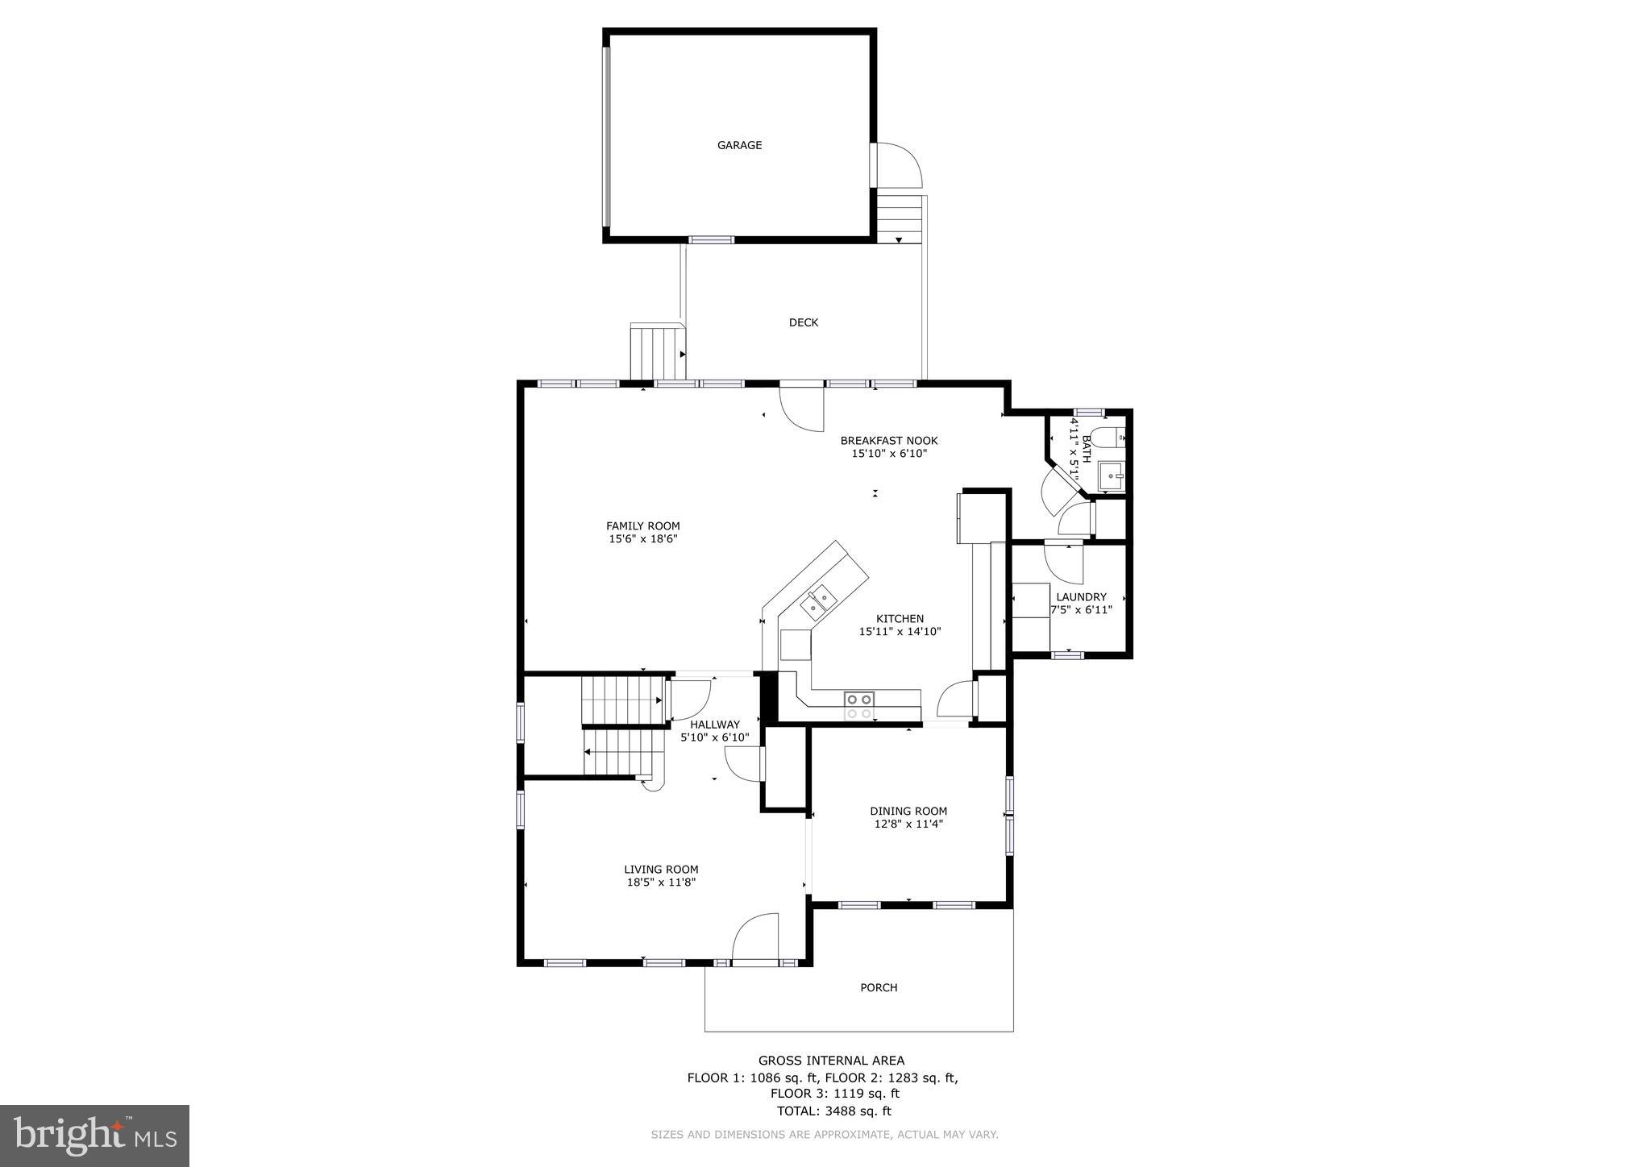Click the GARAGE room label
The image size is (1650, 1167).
[739, 145]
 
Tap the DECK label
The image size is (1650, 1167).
[803, 322]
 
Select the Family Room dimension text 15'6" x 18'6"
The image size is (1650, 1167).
[642, 539]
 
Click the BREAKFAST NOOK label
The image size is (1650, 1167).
[888, 440]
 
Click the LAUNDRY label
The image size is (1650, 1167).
[1081, 597]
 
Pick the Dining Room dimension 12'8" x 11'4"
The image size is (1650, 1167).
[908, 824]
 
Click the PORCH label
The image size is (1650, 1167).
[878, 987]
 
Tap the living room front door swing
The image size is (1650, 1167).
[755, 937]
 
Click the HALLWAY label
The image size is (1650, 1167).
[714, 725]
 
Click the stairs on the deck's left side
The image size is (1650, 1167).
[656, 352]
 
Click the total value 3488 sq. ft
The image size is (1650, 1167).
[858, 1111]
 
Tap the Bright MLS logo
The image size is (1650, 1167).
[94, 1136]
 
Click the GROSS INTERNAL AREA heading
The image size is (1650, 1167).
[830, 1061]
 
